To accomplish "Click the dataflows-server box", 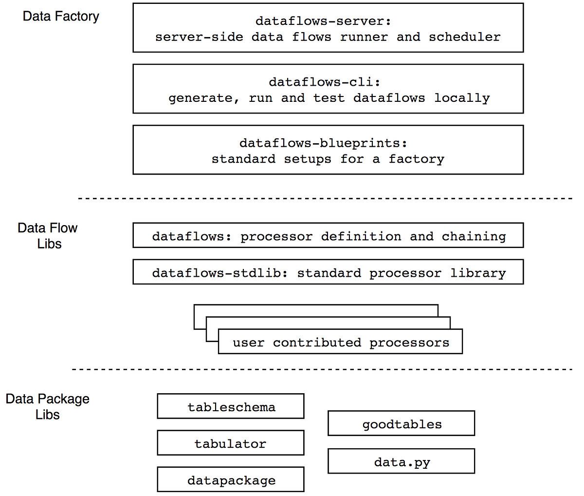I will (328, 28).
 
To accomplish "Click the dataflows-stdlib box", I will (328, 272).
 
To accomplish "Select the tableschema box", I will (231, 406).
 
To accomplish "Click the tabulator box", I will (231, 443).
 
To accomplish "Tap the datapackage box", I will (231, 480).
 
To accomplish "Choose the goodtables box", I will (401, 423).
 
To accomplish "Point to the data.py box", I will (401, 461).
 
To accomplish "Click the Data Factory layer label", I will (61, 16).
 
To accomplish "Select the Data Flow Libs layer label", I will (48, 235).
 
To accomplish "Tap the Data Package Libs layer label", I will (48, 406).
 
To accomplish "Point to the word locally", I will (462, 98).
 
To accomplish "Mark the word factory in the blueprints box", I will (416, 159).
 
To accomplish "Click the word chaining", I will (474, 236).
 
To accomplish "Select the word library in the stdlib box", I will (478, 273).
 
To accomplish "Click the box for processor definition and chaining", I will (328, 235).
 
